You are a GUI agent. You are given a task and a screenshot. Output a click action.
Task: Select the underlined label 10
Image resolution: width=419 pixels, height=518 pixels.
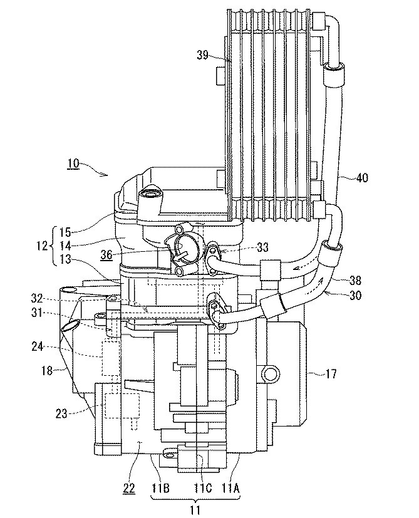(x=73, y=164)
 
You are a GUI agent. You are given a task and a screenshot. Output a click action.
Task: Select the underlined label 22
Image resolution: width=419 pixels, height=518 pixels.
(x=129, y=488)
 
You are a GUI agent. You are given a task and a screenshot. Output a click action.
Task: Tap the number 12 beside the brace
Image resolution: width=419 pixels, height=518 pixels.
(x=42, y=246)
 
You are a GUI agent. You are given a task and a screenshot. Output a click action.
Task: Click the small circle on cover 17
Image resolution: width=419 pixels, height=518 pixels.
(x=271, y=375)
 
